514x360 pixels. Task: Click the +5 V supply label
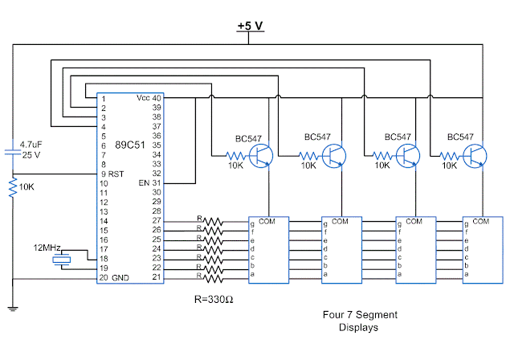(x=251, y=26)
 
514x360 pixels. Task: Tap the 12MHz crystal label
(x=47, y=247)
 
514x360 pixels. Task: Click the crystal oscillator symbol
(x=59, y=260)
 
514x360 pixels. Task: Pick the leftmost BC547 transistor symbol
(x=261, y=155)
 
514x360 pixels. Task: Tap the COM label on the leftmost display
(x=267, y=221)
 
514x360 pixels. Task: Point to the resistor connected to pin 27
(x=213, y=222)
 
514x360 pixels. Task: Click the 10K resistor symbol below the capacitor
(x=13, y=188)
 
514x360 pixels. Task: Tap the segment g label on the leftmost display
(x=253, y=223)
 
